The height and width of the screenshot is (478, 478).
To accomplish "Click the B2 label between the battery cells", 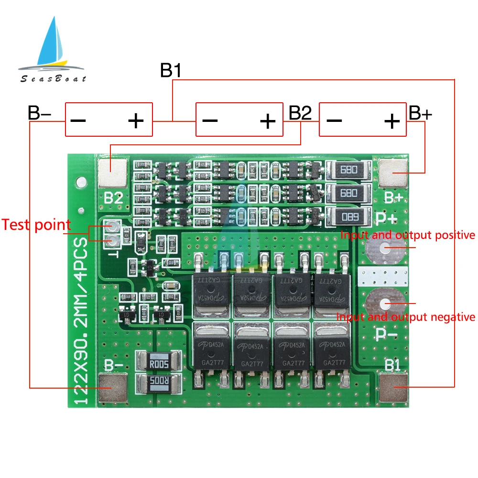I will point(300,113).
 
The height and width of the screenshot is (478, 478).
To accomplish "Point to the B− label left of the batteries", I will point(40,113).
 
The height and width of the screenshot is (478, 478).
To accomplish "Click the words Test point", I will point(36,225).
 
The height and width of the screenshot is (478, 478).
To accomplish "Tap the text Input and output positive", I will point(408,235).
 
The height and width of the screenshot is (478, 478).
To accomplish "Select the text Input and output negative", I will point(406,316).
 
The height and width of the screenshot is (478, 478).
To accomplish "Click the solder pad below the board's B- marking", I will point(113,387).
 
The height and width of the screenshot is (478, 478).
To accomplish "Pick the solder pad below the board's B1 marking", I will point(393,387).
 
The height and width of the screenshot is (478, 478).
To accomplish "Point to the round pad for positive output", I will point(385,248).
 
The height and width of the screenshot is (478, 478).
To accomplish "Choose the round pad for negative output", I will point(385,303).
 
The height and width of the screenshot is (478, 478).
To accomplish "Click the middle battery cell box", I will point(239,120).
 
